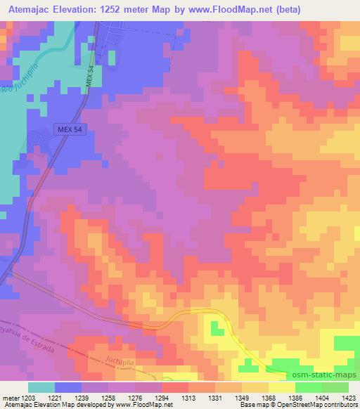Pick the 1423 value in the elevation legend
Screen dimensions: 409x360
click(x=349, y=397)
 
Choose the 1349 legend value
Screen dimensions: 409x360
click(x=242, y=397)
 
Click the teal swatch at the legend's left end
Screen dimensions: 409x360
click(x=41, y=387)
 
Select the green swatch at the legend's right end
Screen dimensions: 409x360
click(x=335, y=387)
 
